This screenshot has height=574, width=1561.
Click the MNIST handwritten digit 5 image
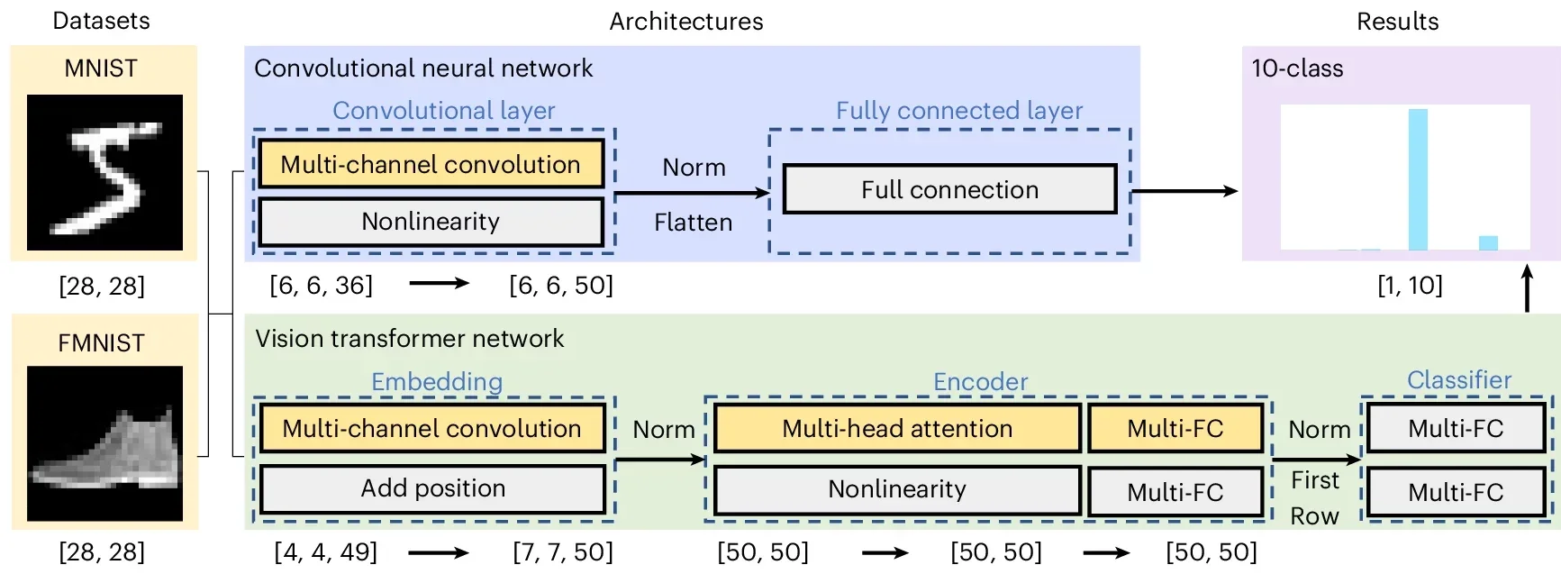(104, 172)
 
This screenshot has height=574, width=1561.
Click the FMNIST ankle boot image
(104, 443)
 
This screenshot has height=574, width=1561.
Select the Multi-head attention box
(897, 428)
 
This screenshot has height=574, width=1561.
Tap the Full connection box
(949, 189)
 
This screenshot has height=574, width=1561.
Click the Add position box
(432, 488)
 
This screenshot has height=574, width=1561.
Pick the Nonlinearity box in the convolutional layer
(431, 222)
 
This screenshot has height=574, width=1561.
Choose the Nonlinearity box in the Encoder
(897, 489)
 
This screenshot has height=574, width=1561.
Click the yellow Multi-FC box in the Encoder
(1175, 428)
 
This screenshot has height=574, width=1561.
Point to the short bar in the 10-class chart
(1488, 242)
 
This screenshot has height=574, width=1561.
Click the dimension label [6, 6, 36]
(321, 285)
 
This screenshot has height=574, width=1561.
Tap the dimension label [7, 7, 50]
(563, 551)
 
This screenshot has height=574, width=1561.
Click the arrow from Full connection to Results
(1184, 191)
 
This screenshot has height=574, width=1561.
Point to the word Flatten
(693, 223)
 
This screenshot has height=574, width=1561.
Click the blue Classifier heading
(1458, 379)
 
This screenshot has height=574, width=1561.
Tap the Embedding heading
(437, 381)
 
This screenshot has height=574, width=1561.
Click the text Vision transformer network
(409, 339)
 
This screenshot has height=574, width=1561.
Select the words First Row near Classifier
(1314, 497)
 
